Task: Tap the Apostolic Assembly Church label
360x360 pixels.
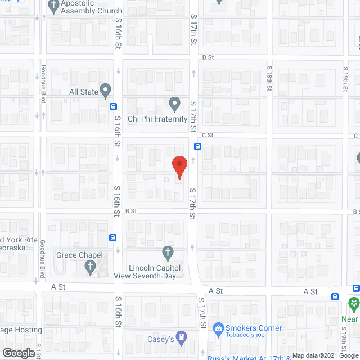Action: [92, 11]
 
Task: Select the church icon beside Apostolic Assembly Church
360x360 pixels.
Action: [53, 7]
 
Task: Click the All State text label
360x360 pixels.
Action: [83, 91]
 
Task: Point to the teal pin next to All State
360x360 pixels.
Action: [105, 91]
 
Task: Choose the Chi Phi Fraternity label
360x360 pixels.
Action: [157, 119]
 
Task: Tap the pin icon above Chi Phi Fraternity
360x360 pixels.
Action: [174, 104]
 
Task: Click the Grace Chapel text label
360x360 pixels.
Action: [79, 255]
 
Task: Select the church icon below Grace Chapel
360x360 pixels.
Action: [91, 268]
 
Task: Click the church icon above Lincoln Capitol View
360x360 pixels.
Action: [167, 251]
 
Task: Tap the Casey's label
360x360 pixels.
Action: [161, 340]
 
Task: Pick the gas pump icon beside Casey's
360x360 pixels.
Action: [182, 338]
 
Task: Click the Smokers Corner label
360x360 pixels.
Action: [254, 328]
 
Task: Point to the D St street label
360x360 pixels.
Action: [209, 57]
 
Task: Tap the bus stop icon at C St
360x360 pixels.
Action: [198, 147]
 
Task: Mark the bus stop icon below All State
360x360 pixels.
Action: [114, 106]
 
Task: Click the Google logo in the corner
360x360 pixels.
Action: [18, 353]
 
